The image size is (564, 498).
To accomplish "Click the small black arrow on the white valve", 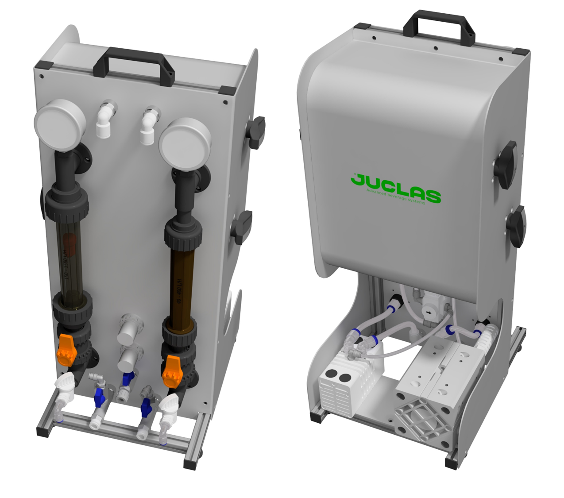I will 428,312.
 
